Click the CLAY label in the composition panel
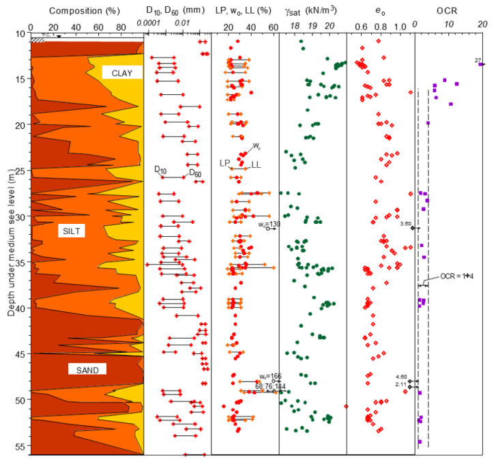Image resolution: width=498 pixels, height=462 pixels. click(x=122, y=72)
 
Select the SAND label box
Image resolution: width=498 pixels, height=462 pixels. click(x=87, y=370)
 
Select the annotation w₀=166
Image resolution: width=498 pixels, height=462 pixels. click(x=269, y=377)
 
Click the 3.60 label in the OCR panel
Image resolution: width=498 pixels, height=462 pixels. click(x=406, y=224)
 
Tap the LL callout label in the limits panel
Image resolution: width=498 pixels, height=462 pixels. click(x=256, y=164)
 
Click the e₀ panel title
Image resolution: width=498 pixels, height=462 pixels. click(x=381, y=11)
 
